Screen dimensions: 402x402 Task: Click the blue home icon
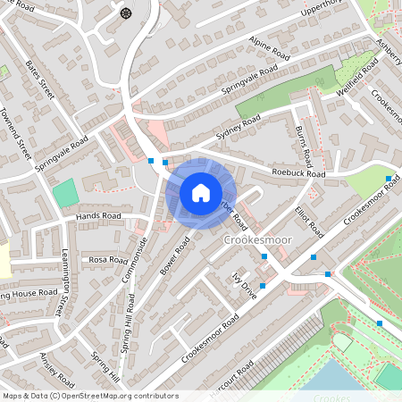(x=201, y=193)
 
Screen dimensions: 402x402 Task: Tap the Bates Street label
(x=41, y=80)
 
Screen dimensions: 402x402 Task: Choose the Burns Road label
(x=303, y=144)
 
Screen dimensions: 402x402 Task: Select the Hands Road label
(x=98, y=216)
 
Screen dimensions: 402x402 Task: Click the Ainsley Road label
(x=46, y=365)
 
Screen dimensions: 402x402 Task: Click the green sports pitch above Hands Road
(x=64, y=193)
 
